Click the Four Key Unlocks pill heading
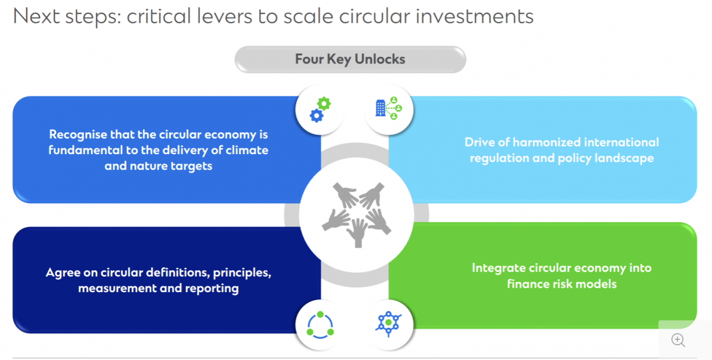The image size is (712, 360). pos(350,60)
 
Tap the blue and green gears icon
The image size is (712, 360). pos(320,110)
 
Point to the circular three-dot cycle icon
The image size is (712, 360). pos(320,324)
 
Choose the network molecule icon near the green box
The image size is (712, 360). pos(389,323)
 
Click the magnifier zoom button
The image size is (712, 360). pos(678,340)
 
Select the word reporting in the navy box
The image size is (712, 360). pos(214,288)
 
